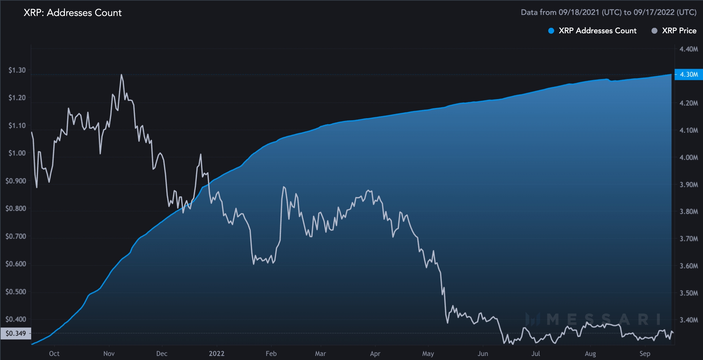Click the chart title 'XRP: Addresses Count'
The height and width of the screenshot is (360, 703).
coord(72,13)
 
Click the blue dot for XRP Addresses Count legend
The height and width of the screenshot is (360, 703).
coord(551,31)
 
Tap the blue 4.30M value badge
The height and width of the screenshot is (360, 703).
coord(688,74)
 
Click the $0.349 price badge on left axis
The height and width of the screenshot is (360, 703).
coord(16,333)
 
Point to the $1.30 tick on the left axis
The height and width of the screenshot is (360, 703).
coord(17,70)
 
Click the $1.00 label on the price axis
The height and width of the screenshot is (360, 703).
coord(17,153)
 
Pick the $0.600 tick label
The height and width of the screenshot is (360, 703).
coord(16,264)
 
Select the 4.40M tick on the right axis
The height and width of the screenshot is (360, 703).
coord(688,49)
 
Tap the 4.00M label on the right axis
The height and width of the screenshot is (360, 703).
coord(688,158)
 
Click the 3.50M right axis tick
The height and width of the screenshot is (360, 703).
coord(688,293)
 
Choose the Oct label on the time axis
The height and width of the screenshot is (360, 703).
coord(54,354)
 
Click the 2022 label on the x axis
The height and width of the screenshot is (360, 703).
coord(216,354)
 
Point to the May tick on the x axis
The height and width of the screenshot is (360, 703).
coord(428,354)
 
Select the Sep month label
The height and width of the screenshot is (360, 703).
coord(645,354)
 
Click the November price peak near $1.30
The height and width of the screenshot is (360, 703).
coord(121,75)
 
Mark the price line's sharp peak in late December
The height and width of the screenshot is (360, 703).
coord(201,155)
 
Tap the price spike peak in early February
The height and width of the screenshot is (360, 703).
coord(283,187)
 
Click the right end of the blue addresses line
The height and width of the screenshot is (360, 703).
coord(671,74)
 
